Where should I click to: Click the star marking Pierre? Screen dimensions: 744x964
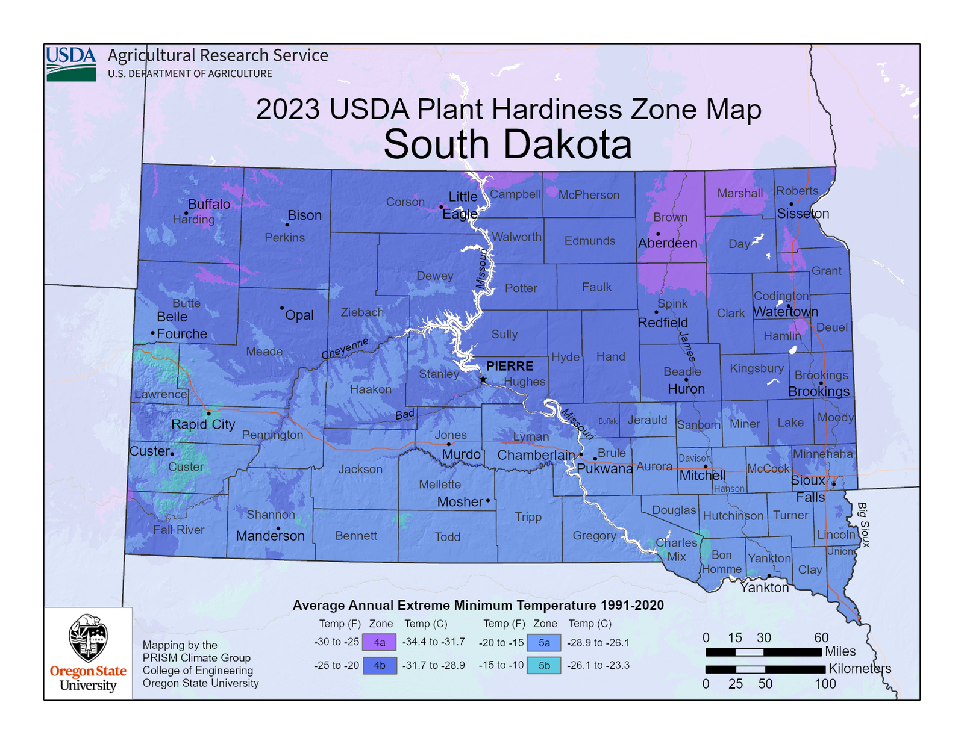click(483, 379)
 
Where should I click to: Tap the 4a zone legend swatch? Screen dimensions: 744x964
click(379, 642)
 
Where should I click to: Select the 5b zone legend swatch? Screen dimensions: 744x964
click(544, 665)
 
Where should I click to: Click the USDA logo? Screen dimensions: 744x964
click(71, 63)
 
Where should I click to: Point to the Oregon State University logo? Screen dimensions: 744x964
click(88, 653)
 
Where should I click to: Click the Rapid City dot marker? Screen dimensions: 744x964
click(208, 414)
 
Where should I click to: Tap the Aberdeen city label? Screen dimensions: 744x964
click(668, 243)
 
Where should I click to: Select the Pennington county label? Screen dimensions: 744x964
click(272, 435)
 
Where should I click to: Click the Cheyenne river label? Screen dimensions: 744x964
click(345, 349)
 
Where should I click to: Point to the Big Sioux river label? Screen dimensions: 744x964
click(864, 524)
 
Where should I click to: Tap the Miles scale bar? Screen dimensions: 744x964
click(763, 652)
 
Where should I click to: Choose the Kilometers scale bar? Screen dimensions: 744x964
click(765, 669)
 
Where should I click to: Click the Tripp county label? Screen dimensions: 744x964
click(528, 517)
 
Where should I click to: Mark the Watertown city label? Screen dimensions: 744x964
click(786, 312)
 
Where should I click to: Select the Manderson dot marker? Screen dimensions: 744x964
click(278, 529)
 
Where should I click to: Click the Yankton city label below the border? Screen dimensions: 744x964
click(765, 587)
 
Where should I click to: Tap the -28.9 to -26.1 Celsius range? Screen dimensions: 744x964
click(598, 643)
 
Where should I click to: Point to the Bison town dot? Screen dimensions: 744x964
click(287, 225)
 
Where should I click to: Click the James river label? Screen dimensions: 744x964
click(687, 346)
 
